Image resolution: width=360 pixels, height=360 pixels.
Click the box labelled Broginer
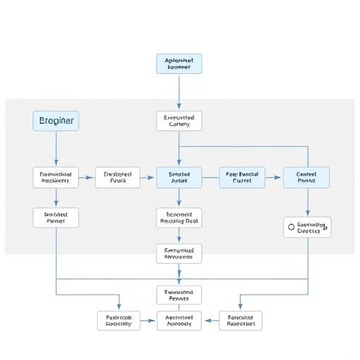[56, 121]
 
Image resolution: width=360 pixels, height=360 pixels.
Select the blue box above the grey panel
[179, 63]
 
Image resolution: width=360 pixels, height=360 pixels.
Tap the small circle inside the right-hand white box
[290, 227]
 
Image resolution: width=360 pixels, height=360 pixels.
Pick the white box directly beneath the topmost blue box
[179, 121]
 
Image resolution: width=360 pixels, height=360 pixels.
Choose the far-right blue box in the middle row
[307, 177]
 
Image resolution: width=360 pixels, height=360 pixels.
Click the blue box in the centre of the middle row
[179, 177]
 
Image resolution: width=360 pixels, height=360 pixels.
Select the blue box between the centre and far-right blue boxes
[243, 177]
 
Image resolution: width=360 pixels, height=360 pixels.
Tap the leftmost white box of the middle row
[56, 177]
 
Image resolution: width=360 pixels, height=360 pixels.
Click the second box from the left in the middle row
[117, 177]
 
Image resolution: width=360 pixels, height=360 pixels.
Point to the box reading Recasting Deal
[179, 217]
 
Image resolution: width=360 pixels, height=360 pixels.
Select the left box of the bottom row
[119, 321]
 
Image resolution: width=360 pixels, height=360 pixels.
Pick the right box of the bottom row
[240, 321]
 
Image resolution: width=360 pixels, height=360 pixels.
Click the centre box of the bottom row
[179, 321]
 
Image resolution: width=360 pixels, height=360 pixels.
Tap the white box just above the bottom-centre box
[179, 295]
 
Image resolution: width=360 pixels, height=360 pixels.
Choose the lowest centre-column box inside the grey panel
[179, 253]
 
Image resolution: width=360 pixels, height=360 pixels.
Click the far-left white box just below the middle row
[56, 217]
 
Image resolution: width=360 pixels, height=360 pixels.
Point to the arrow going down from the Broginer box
[56, 149]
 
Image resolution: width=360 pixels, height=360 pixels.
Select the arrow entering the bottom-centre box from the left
[148, 321]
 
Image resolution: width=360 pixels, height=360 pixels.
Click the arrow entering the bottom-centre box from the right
[210, 321]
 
